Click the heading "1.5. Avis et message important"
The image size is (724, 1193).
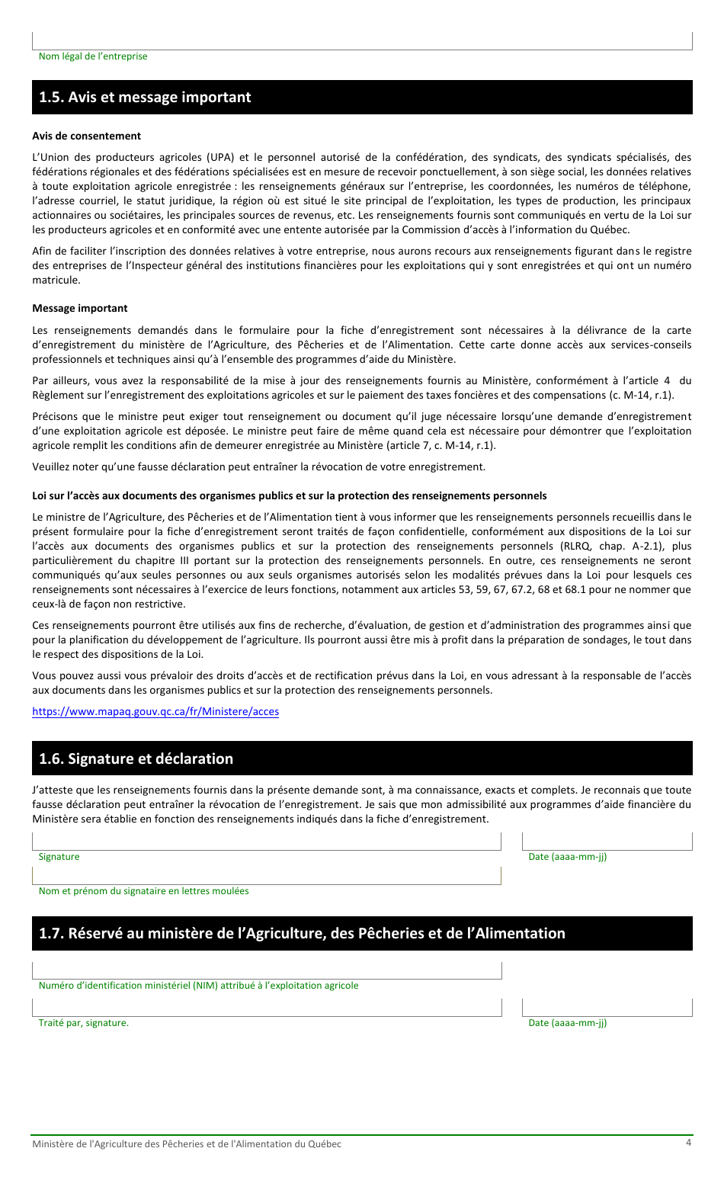pyautogui.click(x=145, y=98)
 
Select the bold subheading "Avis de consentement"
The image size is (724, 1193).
pyautogui.click(x=86, y=136)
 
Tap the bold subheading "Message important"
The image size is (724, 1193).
pyautogui.click(x=80, y=308)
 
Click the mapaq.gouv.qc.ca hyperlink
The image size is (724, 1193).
pyautogui.click(x=155, y=711)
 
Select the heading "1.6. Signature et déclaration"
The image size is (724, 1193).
pyautogui.click(x=136, y=758)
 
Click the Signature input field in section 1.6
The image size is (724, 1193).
pyautogui.click(x=266, y=841)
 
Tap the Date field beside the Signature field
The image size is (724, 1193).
pyautogui.click(x=607, y=841)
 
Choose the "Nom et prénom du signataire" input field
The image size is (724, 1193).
pyautogui.click(x=266, y=875)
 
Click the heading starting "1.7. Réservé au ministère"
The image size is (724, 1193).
pyautogui.click(x=302, y=933)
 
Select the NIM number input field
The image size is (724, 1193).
pyautogui.click(x=266, y=970)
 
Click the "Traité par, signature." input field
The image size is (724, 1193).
pyautogui.click(x=266, y=1007)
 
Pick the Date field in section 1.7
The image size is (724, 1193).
pyautogui.click(x=607, y=1007)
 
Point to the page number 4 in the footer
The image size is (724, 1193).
pyautogui.click(x=688, y=1142)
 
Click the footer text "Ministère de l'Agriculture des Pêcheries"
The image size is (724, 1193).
pyautogui.click(x=187, y=1143)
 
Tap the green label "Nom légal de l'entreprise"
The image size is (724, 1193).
pyautogui.click(x=93, y=56)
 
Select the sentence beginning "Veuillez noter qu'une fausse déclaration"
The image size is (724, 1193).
pyautogui.click(x=258, y=467)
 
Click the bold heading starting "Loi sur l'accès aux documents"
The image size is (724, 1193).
pyautogui.click(x=289, y=495)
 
